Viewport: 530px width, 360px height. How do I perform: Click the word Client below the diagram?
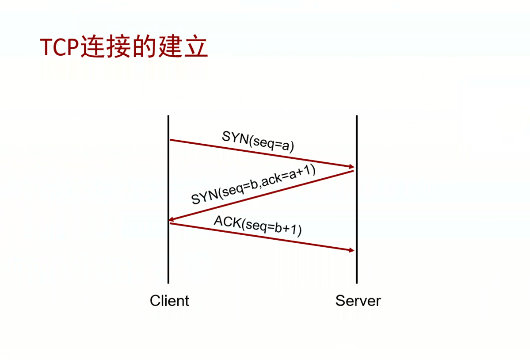tap(169, 300)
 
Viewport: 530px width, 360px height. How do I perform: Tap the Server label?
tap(358, 300)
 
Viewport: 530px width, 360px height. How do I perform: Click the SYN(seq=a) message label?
tap(258, 141)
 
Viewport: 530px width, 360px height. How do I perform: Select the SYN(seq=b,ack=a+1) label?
tap(254, 184)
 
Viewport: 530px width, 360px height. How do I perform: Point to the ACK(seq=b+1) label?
tap(258, 226)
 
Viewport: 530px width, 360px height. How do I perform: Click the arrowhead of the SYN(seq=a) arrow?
tap(351, 166)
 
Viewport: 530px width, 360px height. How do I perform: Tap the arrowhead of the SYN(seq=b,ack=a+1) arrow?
tap(172, 219)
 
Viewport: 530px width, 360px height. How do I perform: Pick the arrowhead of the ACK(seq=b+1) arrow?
tap(351, 250)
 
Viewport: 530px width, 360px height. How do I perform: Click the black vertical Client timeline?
tap(168, 199)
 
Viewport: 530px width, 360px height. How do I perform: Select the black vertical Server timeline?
tap(357, 199)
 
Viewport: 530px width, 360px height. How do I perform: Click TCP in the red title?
tap(60, 46)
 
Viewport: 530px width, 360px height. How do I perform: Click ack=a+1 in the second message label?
tap(288, 175)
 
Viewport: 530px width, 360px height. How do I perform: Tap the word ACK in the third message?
tap(228, 222)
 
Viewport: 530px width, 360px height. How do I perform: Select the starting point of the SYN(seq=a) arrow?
tap(170, 140)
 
